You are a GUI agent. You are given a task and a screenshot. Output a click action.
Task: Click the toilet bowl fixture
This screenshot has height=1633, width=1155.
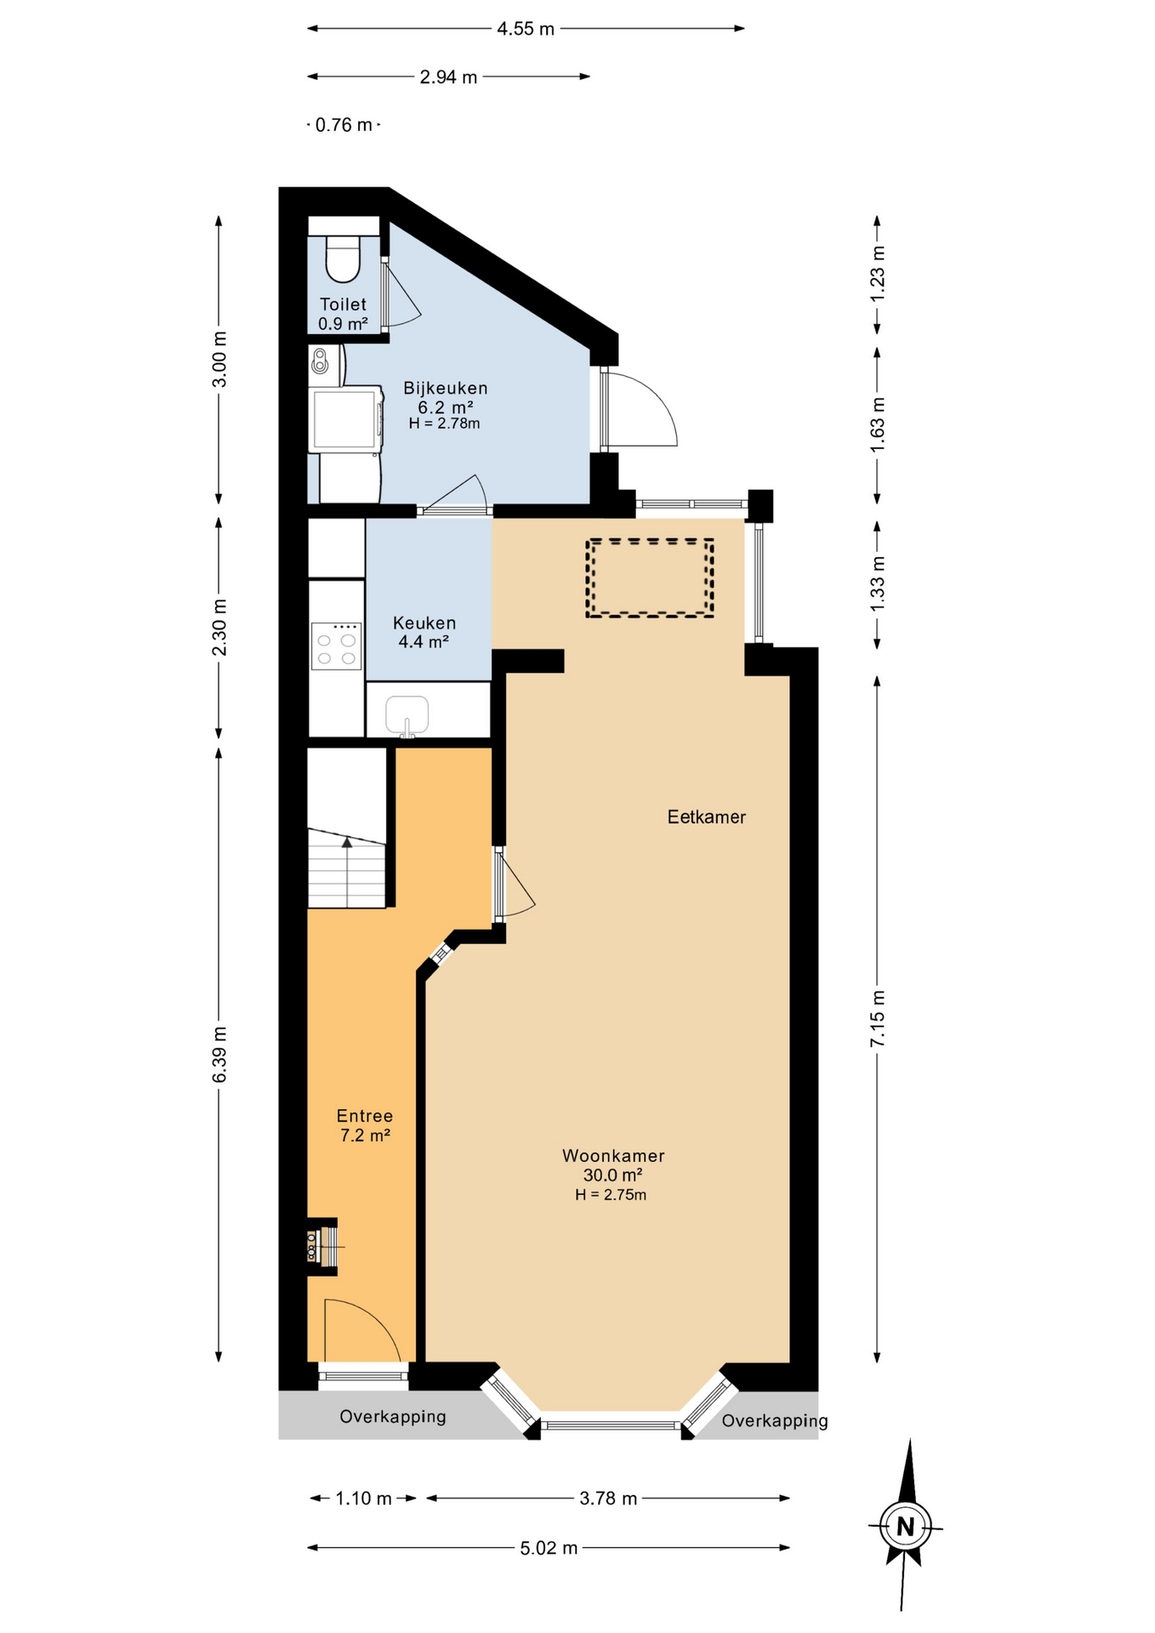[344, 259]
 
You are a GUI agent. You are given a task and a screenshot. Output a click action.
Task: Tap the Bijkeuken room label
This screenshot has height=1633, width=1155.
[445, 388]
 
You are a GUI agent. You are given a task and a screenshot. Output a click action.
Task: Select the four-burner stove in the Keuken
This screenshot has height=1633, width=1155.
[336, 646]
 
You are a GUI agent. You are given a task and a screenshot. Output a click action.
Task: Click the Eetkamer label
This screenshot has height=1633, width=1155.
[706, 816]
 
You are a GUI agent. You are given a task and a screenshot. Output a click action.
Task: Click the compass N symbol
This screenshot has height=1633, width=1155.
[905, 1526]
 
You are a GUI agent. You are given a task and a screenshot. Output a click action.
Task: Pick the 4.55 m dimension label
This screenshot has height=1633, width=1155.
[526, 29]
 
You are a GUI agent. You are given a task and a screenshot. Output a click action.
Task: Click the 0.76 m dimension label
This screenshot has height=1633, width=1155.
[344, 125]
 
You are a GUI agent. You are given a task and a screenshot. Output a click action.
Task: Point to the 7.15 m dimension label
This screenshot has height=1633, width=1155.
[877, 1019]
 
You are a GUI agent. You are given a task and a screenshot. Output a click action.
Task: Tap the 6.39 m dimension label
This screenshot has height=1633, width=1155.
[219, 1055]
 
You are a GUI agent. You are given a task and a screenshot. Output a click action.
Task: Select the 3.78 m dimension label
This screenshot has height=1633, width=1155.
[608, 1498]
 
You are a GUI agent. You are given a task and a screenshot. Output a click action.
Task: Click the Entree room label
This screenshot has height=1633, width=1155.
[365, 1116]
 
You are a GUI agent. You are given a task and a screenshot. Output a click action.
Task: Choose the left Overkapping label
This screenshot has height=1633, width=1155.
[393, 1416]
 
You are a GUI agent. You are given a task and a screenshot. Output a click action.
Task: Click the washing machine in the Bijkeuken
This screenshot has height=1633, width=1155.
[345, 418]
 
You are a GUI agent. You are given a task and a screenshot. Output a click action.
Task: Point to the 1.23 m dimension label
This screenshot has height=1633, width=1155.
[877, 273]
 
